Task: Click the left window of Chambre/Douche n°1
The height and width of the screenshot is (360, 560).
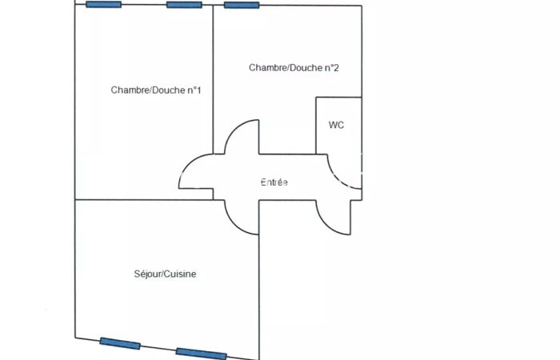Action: [x=104, y=5]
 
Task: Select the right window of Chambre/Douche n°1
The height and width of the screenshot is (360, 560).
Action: [x=184, y=5]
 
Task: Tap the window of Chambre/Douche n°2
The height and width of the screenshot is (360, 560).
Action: [x=242, y=5]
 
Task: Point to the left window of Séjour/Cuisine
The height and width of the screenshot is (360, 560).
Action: [x=120, y=343]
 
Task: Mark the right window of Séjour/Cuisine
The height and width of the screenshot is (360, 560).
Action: [x=201, y=353]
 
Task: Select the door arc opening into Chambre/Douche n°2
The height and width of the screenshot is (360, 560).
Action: [x=241, y=135]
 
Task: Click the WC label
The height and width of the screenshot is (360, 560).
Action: [x=336, y=126]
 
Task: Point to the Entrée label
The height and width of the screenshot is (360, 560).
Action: [x=274, y=182]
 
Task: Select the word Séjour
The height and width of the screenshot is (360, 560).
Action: [x=147, y=274]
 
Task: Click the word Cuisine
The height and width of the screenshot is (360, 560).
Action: [x=181, y=274]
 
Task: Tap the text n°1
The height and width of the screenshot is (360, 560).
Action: [x=194, y=90]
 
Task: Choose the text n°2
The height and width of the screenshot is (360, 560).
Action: [x=332, y=68]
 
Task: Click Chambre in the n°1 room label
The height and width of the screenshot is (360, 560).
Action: [x=128, y=90]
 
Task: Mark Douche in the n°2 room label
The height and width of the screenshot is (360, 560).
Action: [x=305, y=68]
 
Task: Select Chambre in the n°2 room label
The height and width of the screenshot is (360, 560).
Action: [x=266, y=68]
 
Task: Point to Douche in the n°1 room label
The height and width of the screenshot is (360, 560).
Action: [x=166, y=90]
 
